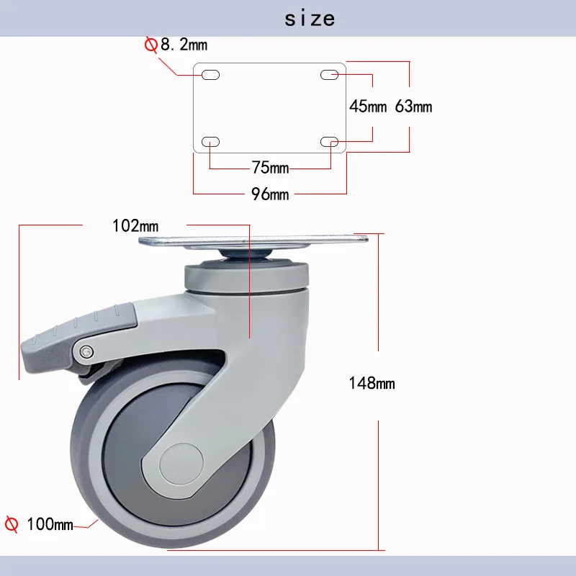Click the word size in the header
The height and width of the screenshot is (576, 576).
[x=310, y=17]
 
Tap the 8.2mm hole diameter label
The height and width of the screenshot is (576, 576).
[x=183, y=45]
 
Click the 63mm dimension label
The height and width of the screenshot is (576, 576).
[x=413, y=107]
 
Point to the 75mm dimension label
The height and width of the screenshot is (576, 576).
[x=270, y=168]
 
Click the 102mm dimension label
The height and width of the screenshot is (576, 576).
[x=135, y=225]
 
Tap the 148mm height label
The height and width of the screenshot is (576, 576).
[x=372, y=383]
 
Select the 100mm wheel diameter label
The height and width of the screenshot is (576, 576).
[x=50, y=524]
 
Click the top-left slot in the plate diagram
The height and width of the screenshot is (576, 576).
[x=211, y=75]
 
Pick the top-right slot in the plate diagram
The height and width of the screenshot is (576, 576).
[x=330, y=75]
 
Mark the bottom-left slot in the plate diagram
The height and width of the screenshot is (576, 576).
[x=211, y=142]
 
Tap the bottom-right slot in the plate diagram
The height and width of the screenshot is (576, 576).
[x=330, y=142]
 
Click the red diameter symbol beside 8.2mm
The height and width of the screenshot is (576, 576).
[x=151, y=45]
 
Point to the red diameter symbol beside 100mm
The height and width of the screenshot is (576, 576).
[x=12, y=523]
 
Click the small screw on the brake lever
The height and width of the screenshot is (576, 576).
[x=86, y=351]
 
